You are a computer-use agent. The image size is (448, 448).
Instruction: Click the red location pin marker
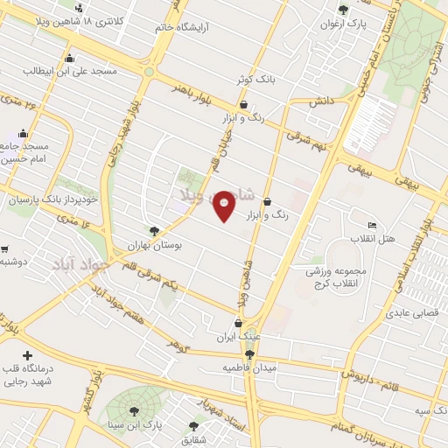[x=224, y=205]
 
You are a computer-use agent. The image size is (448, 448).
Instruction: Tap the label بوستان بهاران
[x=179, y=246]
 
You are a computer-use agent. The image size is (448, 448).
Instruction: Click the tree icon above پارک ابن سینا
[x=134, y=410]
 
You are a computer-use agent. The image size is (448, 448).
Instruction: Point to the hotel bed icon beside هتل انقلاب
[x=372, y=226]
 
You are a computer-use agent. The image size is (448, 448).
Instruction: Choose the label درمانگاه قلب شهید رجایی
[x=27, y=374]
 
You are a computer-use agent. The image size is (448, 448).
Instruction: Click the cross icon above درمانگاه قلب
[x=28, y=355]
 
